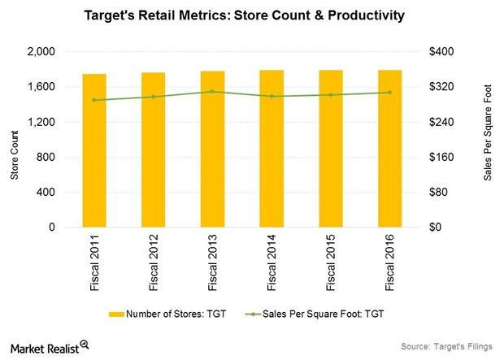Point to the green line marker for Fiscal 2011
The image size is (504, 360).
[x=94, y=100]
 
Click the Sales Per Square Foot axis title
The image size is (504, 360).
[x=488, y=140]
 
